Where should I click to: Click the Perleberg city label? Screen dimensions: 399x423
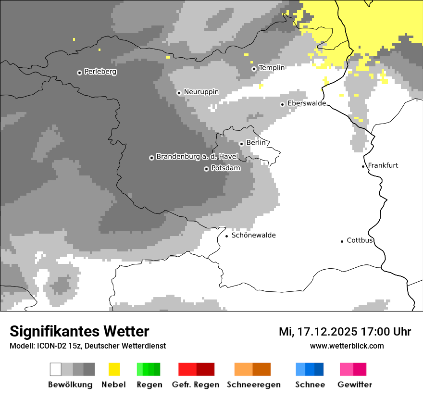100,72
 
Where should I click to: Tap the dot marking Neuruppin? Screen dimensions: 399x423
179,93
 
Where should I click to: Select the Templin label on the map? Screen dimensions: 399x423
272,68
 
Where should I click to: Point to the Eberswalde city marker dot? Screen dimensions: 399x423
283,104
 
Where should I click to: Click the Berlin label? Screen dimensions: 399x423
256,143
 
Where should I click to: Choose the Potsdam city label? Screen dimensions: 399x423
225,168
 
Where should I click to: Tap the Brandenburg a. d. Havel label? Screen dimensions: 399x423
197,157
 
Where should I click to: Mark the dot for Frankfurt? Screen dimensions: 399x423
363,166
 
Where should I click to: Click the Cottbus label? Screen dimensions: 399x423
360,240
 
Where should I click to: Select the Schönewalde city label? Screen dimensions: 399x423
253,235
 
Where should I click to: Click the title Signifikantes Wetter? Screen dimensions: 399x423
79,331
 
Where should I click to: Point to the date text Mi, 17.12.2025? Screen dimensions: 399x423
317,332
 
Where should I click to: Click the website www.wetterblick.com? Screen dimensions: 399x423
347,346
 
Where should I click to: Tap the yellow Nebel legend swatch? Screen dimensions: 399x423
114,369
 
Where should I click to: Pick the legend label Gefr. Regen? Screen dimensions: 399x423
196,385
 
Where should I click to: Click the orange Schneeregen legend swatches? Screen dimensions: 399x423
252,369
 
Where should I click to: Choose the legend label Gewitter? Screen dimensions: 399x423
355,385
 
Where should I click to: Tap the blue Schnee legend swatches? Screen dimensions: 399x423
310,369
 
